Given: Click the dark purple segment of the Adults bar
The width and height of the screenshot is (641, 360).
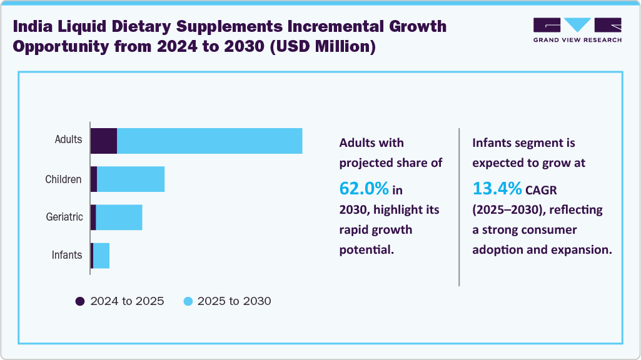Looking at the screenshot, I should [x=104, y=141].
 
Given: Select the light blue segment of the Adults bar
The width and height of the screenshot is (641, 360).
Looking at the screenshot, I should [x=209, y=141].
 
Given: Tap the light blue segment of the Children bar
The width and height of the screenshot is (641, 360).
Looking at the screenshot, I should [x=131, y=179].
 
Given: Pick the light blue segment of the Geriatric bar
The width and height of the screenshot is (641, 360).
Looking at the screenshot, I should [x=119, y=217].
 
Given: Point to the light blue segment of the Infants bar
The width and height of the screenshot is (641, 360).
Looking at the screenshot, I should [x=101, y=256].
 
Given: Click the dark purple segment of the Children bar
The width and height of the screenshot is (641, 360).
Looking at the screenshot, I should [x=94, y=179].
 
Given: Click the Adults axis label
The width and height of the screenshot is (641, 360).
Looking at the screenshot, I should [x=68, y=139].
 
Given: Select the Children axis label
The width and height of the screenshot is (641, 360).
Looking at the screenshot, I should [x=63, y=179].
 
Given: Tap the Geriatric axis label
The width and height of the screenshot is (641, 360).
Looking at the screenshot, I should [x=64, y=217].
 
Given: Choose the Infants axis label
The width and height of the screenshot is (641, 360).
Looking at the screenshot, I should [x=67, y=255].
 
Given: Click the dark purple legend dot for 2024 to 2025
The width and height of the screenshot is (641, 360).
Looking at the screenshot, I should [x=80, y=301].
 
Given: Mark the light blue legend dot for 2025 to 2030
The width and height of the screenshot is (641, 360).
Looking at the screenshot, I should [x=188, y=301].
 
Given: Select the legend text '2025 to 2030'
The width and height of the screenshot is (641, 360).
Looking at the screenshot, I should [x=234, y=301].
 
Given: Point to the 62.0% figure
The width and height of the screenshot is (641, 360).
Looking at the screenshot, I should [x=364, y=187].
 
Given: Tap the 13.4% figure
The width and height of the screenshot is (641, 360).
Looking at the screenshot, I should [x=497, y=187].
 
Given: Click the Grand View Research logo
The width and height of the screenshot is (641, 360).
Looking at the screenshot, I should [x=577, y=30].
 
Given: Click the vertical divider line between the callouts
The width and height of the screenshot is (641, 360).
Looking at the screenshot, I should [x=459, y=207].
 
